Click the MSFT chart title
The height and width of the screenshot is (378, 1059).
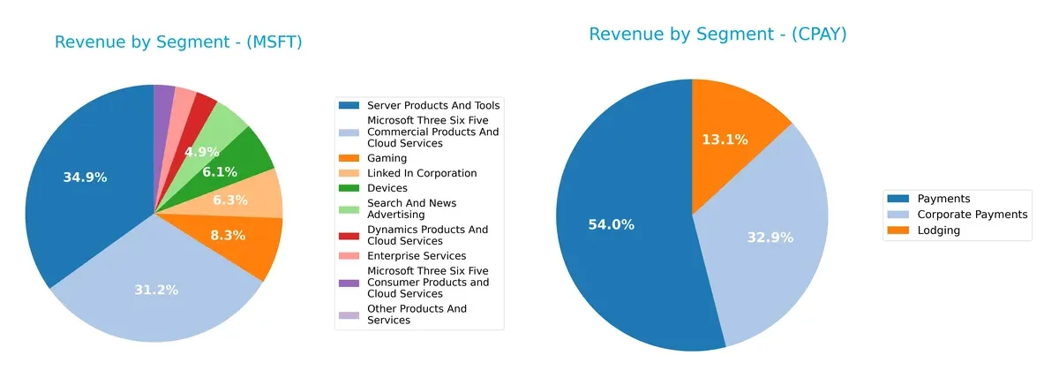tap(178, 42)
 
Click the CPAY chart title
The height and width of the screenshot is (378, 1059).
tap(717, 34)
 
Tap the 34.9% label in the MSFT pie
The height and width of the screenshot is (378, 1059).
tap(85, 178)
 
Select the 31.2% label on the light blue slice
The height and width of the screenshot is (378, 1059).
tap(156, 290)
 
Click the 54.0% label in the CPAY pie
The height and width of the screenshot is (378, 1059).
tap(611, 224)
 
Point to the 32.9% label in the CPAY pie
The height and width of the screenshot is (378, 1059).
tap(770, 237)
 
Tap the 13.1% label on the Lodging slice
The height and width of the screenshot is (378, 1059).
tap(725, 140)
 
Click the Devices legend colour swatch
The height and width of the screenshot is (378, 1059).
tap(351, 188)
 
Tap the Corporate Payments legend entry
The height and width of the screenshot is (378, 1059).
tap(972, 215)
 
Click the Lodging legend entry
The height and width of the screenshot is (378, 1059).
tap(938, 230)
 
